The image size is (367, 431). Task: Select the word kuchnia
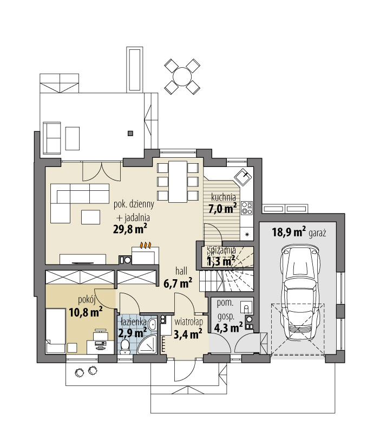224,197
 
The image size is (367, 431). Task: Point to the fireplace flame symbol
146,245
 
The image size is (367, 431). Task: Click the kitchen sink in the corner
243,176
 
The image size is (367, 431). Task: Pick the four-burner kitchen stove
247,208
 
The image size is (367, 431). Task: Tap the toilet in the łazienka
126,346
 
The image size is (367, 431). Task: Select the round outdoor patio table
182,76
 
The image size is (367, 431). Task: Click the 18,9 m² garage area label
289,233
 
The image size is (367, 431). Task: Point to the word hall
181,271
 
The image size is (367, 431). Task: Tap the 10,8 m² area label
86,312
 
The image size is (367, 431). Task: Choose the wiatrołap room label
189,321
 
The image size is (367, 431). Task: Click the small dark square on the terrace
130,133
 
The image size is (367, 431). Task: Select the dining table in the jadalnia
178,182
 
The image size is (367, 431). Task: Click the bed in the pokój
55,331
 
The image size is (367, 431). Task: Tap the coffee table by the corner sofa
90,217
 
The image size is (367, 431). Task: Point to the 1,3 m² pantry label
221,261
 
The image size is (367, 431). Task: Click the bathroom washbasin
152,325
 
